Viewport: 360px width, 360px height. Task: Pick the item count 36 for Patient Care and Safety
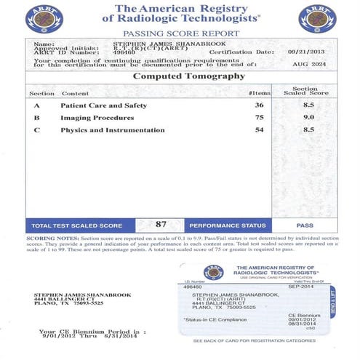[259, 105]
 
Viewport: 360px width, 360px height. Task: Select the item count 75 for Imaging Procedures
[259, 117]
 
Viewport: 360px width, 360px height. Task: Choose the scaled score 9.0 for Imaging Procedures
[308, 117]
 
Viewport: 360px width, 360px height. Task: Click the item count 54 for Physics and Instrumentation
[259, 129]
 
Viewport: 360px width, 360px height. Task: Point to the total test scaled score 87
[161, 225]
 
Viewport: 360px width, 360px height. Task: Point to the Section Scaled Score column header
[309, 91]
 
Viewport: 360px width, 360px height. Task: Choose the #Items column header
[258, 94]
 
